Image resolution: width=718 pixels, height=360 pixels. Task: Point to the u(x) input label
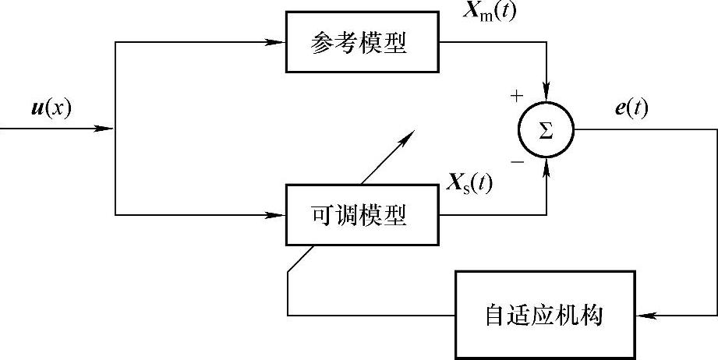click(x=51, y=108)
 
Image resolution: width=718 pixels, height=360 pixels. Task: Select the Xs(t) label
click(x=469, y=185)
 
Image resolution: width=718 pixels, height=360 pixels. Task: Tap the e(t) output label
click(x=631, y=108)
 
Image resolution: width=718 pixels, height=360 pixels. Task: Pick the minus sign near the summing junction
click(x=516, y=161)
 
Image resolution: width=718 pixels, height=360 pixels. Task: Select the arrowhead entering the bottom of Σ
click(x=546, y=166)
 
